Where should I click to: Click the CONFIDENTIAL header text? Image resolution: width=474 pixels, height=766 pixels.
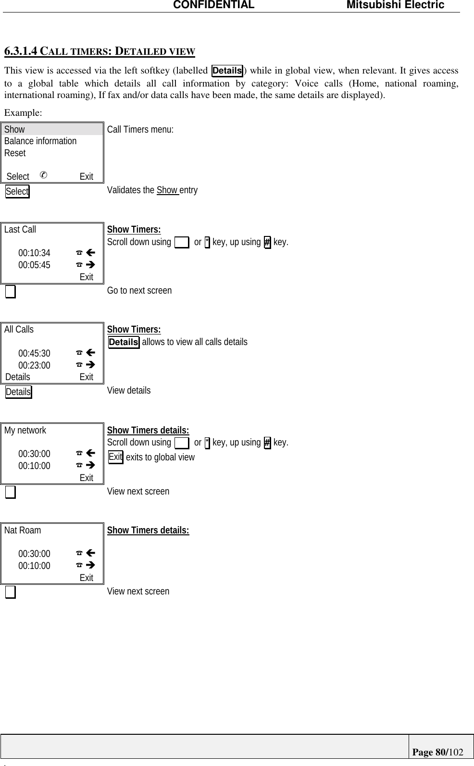[213, 5]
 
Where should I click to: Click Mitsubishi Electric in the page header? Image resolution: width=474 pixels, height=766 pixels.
[395, 5]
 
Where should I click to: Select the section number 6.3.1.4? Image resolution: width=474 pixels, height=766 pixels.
[21, 51]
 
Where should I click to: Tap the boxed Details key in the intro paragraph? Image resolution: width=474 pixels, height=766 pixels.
[227, 71]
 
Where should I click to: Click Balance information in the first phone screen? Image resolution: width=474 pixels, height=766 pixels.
[40, 141]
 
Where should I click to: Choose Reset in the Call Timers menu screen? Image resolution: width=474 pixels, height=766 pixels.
[15, 153]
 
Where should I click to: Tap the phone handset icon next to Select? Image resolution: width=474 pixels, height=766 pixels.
[43, 175]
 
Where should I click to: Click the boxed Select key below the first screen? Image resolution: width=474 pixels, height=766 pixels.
[17, 191]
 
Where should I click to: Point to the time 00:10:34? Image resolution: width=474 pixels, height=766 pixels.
[34, 253]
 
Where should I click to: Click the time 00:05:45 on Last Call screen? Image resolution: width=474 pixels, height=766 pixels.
[34, 265]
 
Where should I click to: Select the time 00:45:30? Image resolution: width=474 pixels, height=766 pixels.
[34, 354]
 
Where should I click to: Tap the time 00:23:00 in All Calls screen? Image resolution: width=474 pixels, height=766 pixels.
[34, 366]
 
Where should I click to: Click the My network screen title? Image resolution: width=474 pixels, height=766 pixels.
[25, 431]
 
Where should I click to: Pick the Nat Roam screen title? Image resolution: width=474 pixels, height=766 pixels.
[23, 531]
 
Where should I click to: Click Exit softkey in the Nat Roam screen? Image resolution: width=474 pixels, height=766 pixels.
[87, 578]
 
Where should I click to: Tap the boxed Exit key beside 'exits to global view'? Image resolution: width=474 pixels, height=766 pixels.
[115, 457]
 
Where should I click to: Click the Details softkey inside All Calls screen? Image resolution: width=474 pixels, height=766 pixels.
[18, 377]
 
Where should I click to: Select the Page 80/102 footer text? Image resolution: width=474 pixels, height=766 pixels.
[437, 752]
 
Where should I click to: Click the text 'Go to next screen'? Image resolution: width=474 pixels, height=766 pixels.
[139, 291]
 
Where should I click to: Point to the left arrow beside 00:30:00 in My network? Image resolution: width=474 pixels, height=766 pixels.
[90, 453]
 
